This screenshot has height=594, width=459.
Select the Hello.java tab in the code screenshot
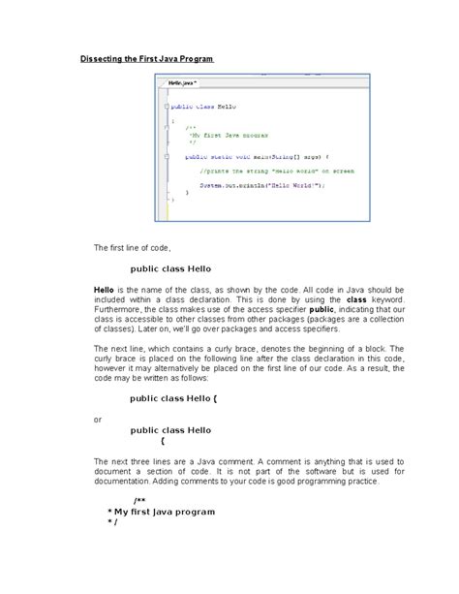point(181,84)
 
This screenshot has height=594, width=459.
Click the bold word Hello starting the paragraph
point(104,290)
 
